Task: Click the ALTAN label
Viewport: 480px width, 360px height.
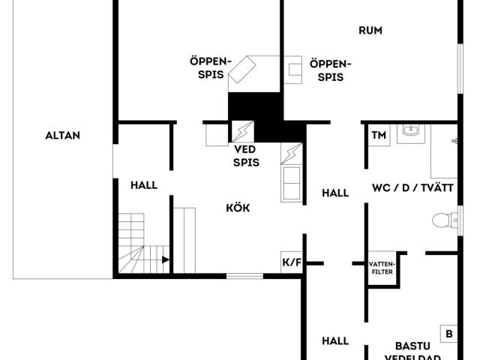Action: coord(63,135)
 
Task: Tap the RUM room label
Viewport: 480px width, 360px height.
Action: coord(370,30)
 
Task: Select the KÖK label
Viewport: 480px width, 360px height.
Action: coord(238,208)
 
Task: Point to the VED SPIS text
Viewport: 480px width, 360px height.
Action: coord(246,156)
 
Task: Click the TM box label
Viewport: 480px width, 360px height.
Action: coord(379,135)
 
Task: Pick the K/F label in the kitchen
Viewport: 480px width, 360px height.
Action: coord(292,262)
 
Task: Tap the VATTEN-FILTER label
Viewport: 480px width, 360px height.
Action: coord(382,268)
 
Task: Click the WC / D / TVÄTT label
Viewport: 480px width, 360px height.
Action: coord(412,187)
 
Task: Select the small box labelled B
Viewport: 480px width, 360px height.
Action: coord(448,334)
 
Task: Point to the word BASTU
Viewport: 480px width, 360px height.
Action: coord(412,346)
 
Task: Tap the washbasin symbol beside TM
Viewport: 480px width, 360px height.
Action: coord(412,131)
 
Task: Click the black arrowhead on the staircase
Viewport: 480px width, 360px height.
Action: coord(166,260)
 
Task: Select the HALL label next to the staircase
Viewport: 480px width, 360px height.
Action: coord(144,185)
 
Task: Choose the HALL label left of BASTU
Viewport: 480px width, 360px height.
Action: coord(335,340)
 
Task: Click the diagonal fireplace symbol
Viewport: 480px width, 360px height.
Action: coord(242,70)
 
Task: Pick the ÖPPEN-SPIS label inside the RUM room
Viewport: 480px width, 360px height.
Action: coord(330,70)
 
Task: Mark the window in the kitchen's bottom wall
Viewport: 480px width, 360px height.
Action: coord(245,276)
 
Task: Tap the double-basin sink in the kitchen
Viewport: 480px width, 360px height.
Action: coord(292,183)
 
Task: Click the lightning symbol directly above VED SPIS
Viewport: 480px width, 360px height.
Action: coord(243,132)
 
